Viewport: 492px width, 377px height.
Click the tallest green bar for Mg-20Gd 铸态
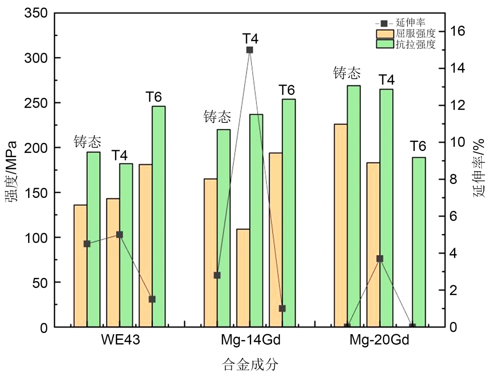tap(354, 206)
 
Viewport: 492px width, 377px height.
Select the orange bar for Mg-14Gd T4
tap(243, 278)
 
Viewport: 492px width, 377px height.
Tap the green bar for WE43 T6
tap(158, 216)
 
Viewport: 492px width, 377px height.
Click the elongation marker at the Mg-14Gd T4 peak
tap(249, 50)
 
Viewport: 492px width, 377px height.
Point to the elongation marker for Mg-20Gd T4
tap(380, 259)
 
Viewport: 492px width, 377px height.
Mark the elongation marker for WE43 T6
tap(152, 299)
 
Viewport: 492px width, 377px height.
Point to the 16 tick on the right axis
tap(459, 31)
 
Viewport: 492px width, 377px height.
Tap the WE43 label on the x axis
tap(120, 341)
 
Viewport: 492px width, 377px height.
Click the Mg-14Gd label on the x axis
tap(249, 341)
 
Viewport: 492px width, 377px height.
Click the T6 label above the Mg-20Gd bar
tap(418, 146)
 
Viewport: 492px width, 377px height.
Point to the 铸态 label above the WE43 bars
tap(87, 142)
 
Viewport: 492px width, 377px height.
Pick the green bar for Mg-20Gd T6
tap(419, 242)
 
